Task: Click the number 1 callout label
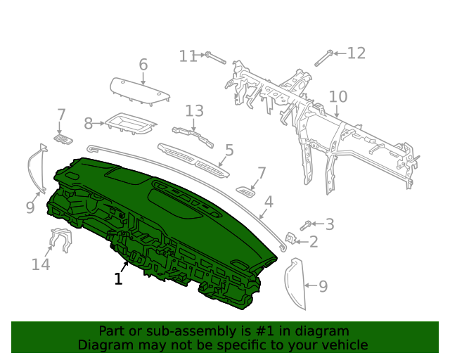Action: (x=118, y=279)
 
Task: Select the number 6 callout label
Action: (x=143, y=65)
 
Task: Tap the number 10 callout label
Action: (x=337, y=96)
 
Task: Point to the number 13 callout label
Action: (x=194, y=110)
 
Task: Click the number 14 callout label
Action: (x=41, y=264)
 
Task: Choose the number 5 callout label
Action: (x=229, y=150)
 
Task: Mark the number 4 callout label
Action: (x=268, y=204)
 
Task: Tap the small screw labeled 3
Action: (x=307, y=226)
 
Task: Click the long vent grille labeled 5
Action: (x=193, y=159)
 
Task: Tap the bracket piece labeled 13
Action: (x=193, y=134)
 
